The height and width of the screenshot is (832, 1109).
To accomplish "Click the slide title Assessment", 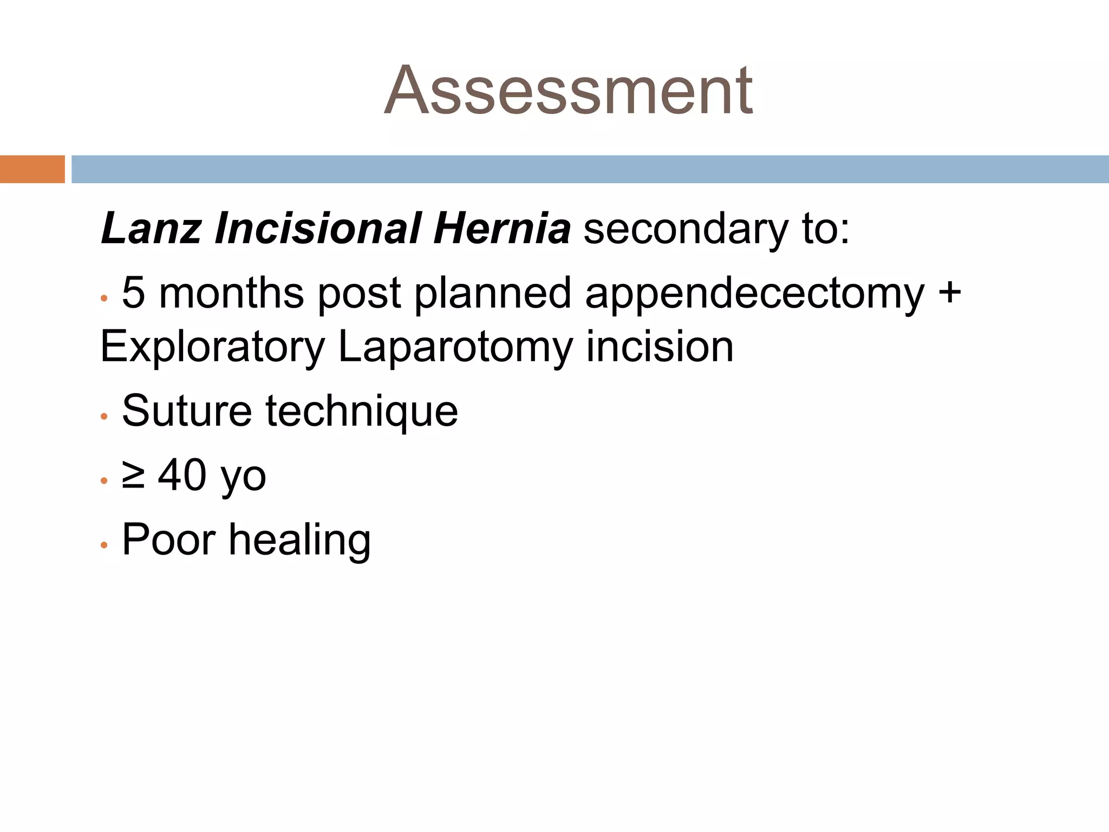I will tap(568, 90).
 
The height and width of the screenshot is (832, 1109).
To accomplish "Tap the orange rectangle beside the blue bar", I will tap(32, 169).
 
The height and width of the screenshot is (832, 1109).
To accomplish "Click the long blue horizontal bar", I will tap(590, 169).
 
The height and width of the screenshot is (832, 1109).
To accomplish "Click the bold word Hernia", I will tap(501, 229).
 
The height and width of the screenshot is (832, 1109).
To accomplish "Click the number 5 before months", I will tap(134, 293).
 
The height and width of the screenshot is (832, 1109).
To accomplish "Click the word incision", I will tap(660, 347).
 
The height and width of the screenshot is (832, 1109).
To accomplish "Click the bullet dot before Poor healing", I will tap(105, 545).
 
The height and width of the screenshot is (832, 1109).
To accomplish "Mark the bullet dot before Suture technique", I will tap(105, 416).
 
